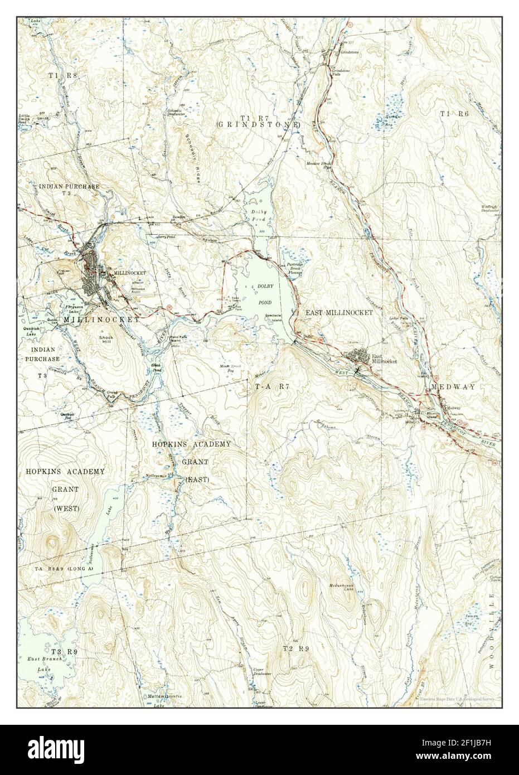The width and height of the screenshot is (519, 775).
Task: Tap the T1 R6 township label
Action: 453,114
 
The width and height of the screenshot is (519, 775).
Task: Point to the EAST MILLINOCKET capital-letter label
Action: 338,313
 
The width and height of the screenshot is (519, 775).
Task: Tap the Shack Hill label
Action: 106,340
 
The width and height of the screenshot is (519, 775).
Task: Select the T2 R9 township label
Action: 295,648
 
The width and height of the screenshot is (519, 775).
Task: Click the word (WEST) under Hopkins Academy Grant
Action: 66,508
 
